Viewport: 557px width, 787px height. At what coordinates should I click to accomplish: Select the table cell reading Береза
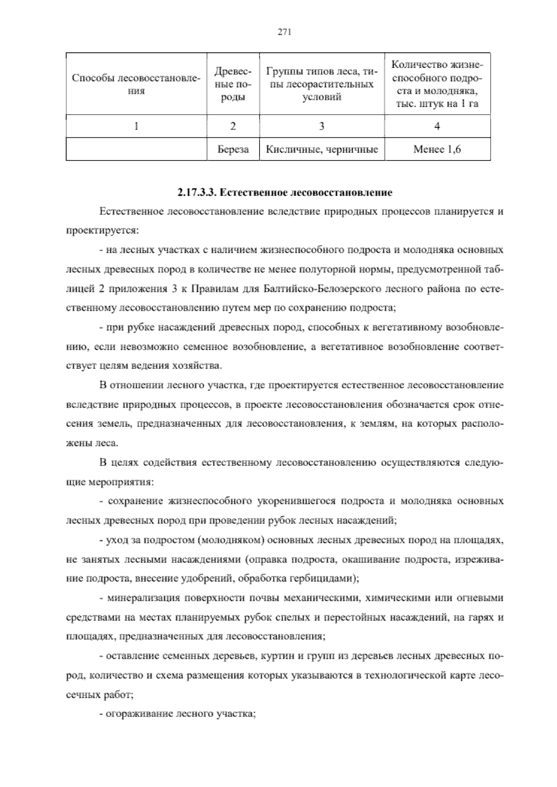tap(233, 149)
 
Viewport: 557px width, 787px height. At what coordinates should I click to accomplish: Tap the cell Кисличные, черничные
tap(322, 149)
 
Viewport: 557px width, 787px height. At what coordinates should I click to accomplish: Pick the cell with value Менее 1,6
tap(437, 149)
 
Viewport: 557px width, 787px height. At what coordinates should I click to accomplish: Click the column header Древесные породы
tap(233, 84)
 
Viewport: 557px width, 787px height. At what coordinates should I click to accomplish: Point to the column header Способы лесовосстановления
tap(136, 84)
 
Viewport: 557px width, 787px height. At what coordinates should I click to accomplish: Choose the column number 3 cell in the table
tap(322, 126)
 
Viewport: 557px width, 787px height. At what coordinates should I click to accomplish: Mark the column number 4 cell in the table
tap(437, 126)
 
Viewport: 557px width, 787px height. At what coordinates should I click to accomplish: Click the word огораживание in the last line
tap(134, 714)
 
